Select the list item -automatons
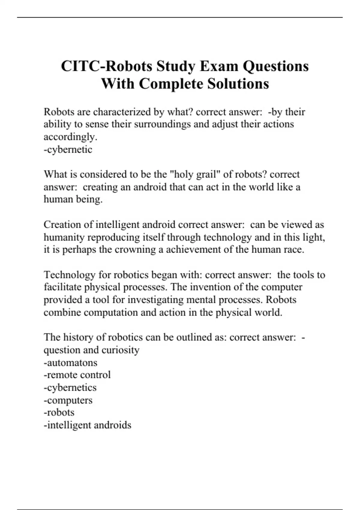tap(70, 363)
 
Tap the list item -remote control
tap(77, 375)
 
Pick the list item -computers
tap(68, 400)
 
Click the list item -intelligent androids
tap(87, 425)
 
